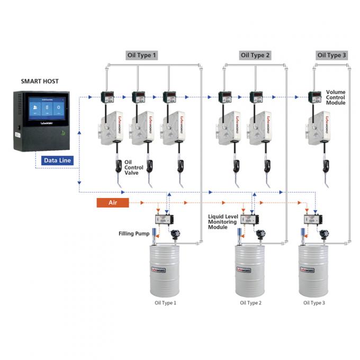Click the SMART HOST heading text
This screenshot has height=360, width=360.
coord(40,82)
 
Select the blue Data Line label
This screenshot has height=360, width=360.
coord(57,159)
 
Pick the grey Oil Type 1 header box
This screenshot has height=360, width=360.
coord(141,55)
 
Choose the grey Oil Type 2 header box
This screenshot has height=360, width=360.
coord(255,55)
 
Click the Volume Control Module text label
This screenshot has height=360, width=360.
coord(336,97)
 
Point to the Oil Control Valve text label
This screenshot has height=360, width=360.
coord(133,167)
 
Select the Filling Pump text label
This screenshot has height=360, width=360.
coord(134,233)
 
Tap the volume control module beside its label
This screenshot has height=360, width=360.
coord(315,97)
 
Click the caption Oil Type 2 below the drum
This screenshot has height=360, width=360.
coord(250,303)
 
